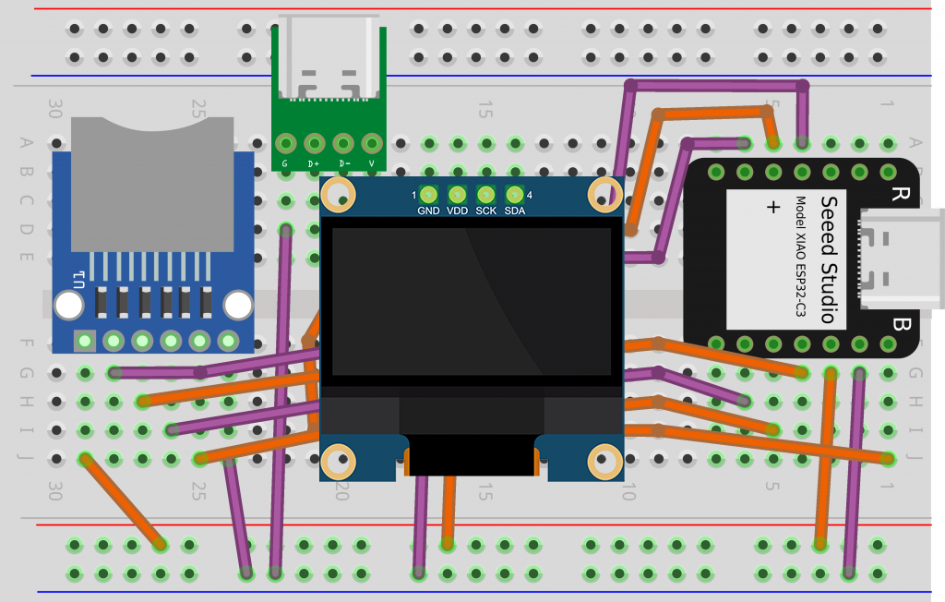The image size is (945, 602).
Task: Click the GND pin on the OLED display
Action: pyautogui.click(x=428, y=195)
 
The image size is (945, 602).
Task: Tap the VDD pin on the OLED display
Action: pyautogui.click(x=457, y=195)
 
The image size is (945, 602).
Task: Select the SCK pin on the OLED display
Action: pyautogui.click(x=485, y=195)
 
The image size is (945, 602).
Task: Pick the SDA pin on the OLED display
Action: pyautogui.click(x=514, y=195)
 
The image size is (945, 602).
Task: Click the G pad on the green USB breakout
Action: pyautogui.click(x=286, y=144)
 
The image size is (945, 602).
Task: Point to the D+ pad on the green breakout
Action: pyautogui.click(x=315, y=144)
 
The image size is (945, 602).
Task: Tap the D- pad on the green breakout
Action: pyautogui.click(x=343, y=144)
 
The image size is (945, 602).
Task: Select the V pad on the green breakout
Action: pyautogui.click(x=372, y=144)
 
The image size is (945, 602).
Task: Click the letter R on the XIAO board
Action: pyautogui.click(x=898, y=195)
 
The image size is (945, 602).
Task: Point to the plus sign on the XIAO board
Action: pyautogui.click(x=772, y=207)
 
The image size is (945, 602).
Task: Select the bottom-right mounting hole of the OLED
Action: pyautogui.click(x=605, y=459)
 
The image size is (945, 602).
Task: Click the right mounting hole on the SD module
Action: pyautogui.click(x=238, y=305)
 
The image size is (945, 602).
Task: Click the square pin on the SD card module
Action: pyautogui.click(x=85, y=342)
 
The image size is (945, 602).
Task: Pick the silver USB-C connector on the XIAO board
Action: pyautogui.click(x=900, y=259)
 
